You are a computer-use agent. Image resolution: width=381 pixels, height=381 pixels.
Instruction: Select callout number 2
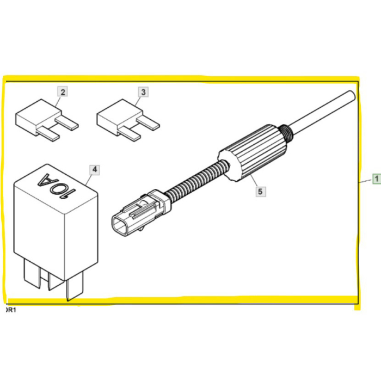pos(63,92)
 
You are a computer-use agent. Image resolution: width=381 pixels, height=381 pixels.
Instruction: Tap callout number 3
pos(143,92)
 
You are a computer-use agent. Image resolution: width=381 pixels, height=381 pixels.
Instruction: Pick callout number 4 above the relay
pos(95,170)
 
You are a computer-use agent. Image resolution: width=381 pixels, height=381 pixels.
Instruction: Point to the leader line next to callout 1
pos(365,179)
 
